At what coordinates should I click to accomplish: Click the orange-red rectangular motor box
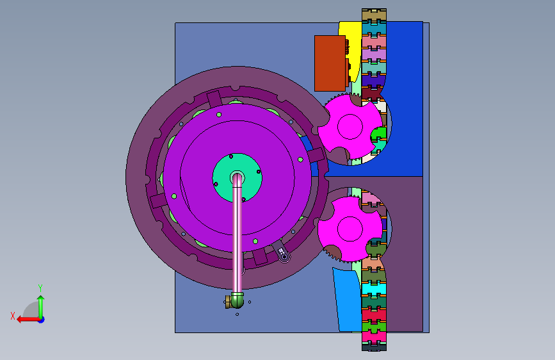tap(330, 63)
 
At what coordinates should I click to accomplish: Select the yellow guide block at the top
tap(350, 49)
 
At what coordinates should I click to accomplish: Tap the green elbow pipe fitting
tap(236, 300)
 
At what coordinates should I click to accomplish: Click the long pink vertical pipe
tap(237, 234)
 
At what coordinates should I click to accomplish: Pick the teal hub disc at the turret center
tap(237, 178)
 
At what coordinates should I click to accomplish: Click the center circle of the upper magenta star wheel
tap(350, 126)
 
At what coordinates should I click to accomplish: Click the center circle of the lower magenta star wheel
tap(350, 229)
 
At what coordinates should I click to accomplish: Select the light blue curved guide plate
tap(347, 300)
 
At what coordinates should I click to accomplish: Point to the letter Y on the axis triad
tap(40, 288)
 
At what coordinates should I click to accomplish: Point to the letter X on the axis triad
tap(13, 316)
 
